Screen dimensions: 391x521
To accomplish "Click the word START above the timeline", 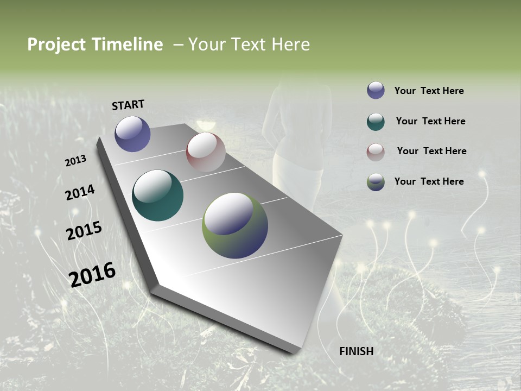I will click(128, 104).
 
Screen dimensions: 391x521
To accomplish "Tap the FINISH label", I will click(356, 351).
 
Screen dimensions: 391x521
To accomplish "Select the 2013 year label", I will click(75, 160).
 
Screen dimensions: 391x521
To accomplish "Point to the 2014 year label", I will click(80, 192).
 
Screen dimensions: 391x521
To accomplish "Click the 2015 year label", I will click(84, 231).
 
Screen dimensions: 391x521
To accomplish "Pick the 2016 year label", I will click(92, 274).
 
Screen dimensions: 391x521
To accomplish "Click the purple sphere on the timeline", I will click(132, 134).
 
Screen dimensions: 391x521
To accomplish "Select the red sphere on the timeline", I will click(206, 152).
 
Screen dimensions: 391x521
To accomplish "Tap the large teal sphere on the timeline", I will click(157, 195).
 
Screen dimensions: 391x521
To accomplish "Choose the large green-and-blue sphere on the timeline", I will click(234, 225).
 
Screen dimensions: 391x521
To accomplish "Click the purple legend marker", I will click(376, 90).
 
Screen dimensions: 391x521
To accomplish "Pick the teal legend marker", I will click(376, 121).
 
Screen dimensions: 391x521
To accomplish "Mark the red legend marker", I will click(376, 152).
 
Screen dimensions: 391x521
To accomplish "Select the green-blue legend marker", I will click(376, 182).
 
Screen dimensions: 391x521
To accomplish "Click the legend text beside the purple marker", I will click(429, 91).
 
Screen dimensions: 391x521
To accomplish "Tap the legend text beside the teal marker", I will click(430, 121).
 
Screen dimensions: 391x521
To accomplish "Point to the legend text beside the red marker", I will click(431, 151).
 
